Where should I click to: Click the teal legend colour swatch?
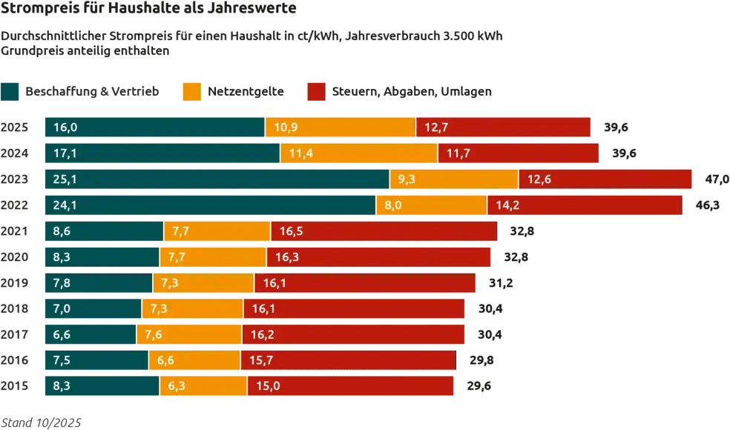pos(11,92)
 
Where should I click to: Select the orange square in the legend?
pos(191,92)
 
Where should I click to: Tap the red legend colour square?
pos(316,92)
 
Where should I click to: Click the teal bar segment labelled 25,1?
pos(216,179)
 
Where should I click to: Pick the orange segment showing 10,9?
pos(341,128)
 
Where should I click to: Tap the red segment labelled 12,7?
pos(504,128)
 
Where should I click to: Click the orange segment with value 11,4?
pos(359,153)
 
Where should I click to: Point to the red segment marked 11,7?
pos(519,153)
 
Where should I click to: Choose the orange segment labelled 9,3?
pos(454,179)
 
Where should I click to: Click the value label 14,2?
pos(507,205)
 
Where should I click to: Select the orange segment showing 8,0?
pos(431,205)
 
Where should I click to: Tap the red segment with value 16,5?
pos(384,231)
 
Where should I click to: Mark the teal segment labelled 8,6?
pos(103,231)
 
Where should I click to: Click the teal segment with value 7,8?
pos(98,282)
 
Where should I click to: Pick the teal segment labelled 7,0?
pos(93,308)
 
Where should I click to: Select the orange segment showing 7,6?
pos(189,334)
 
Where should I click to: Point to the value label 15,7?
pos(263,360)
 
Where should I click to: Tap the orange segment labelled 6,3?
pos(203,386)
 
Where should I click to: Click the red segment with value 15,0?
pos(351,386)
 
